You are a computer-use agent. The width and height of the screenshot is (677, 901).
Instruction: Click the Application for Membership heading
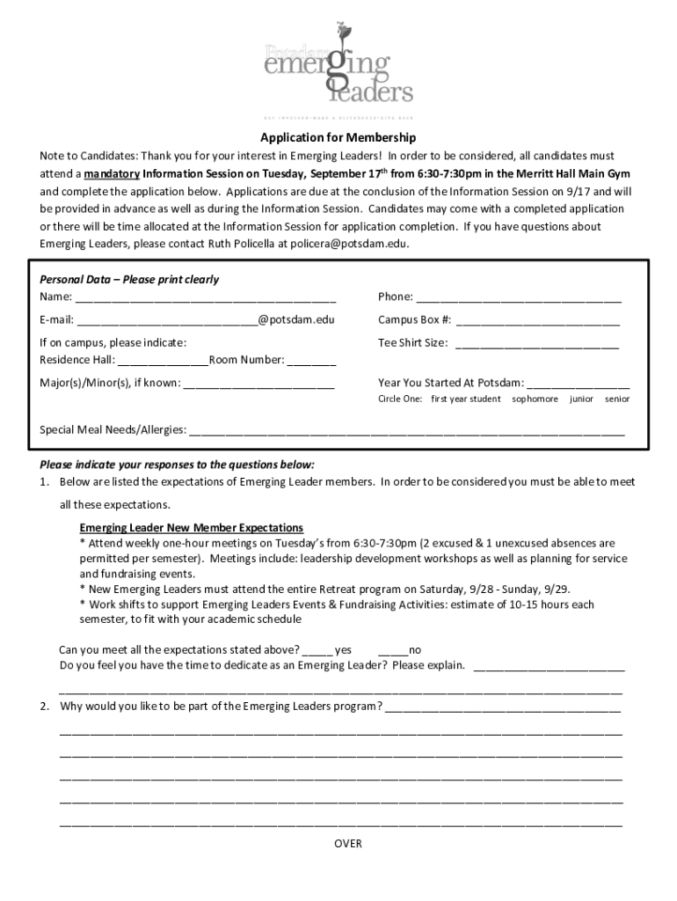[338, 138]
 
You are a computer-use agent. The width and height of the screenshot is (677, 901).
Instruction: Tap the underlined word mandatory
[112, 173]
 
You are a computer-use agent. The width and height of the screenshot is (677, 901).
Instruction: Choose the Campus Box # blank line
[537, 320]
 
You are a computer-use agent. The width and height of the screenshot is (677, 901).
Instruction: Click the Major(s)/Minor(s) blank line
[259, 384]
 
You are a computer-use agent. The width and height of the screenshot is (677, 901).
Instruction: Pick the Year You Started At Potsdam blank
[579, 384]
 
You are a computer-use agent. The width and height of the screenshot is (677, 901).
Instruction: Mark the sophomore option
[535, 399]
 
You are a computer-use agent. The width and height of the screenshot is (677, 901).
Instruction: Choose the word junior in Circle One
[581, 399]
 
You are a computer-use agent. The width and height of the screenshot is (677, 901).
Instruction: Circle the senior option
[617, 399]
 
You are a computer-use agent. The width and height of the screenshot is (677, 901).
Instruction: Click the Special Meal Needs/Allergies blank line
[407, 431]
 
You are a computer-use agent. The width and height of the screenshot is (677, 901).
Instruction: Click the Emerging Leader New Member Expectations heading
[192, 528]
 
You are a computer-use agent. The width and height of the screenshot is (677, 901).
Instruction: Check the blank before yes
[317, 651]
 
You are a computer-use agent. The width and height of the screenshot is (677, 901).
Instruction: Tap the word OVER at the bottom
[348, 844]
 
